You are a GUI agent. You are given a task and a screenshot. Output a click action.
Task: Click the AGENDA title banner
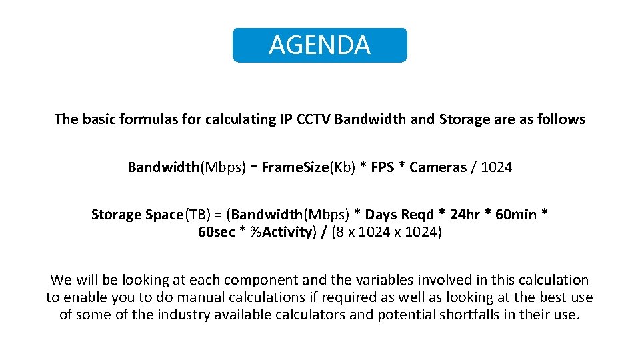coord(319,45)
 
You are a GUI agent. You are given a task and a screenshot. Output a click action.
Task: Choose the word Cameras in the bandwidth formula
coord(438,167)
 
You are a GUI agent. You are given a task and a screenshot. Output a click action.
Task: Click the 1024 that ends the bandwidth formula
coord(496,167)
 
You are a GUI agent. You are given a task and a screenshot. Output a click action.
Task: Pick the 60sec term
coord(216,232)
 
